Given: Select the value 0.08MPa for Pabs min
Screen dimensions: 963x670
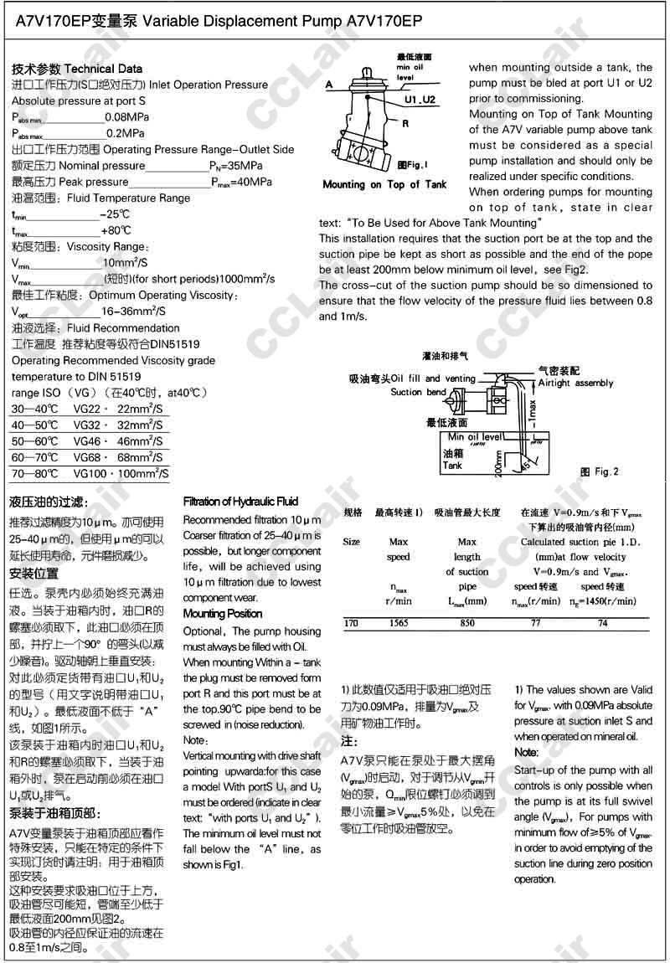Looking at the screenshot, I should [126, 116].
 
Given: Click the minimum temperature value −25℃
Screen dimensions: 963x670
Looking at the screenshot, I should [116, 214].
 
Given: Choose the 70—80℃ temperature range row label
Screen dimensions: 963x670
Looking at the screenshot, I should [35, 473].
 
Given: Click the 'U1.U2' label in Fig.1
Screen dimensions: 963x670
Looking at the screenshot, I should [420, 100].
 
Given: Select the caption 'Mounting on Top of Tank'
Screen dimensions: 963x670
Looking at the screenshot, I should [384, 184].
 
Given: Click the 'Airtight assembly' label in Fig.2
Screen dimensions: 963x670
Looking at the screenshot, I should [575, 383].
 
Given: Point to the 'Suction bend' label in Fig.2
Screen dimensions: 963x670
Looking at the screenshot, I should [418, 392].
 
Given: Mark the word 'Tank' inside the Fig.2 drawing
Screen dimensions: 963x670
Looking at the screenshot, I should [452, 466].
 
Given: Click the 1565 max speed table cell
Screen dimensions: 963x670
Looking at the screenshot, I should [398, 623].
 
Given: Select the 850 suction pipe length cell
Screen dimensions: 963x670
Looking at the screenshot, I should [467, 623].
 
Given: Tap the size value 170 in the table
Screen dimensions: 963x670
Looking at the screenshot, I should [353, 623].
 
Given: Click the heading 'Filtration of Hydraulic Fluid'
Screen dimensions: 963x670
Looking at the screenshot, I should [240, 502].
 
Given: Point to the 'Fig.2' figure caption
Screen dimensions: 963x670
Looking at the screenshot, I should [600, 472].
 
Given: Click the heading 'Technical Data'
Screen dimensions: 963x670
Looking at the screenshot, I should [103, 69].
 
